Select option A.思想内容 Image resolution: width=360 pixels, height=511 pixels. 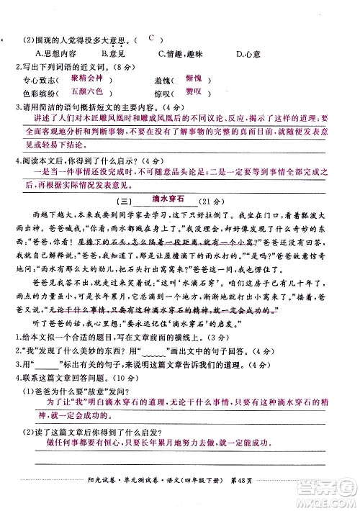52,53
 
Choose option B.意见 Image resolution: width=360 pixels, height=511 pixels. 114,53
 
